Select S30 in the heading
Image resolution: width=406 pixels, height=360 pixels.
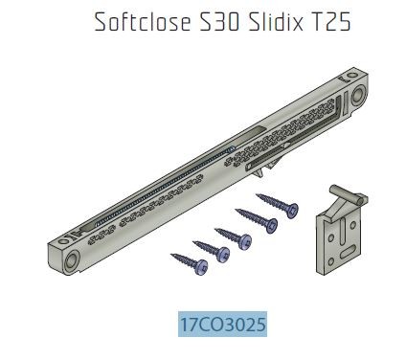(219, 24)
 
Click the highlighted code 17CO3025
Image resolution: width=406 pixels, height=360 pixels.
(221, 325)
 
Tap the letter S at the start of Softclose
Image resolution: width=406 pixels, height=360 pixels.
(100, 24)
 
